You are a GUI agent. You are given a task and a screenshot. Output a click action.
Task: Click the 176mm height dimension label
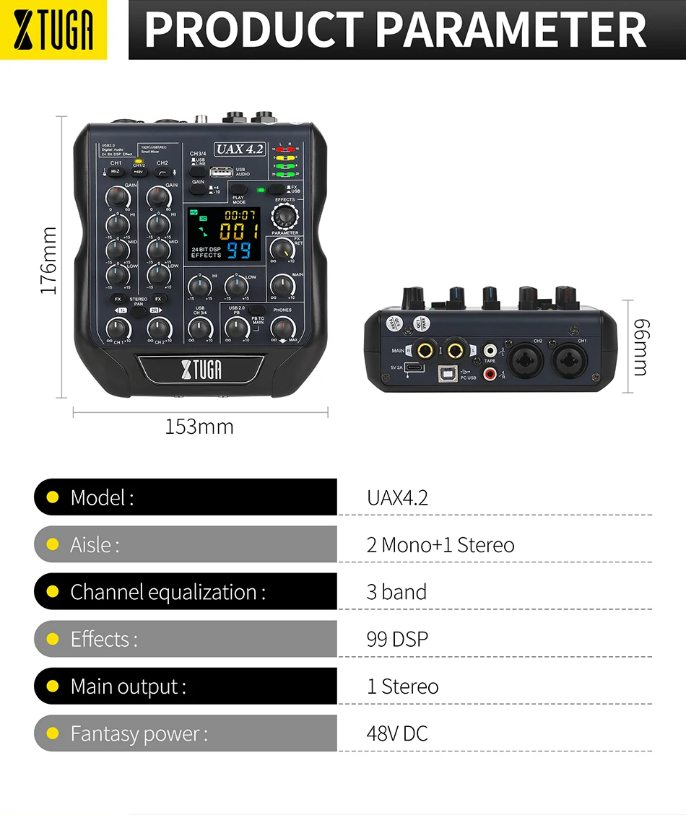click(x=48, y=261)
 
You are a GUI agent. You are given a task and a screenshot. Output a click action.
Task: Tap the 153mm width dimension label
click(x=199, y=427)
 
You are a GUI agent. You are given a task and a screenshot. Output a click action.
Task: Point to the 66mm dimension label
click(x=640, y=347)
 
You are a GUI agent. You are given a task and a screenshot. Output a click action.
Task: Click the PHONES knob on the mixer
click(x=283, y=328)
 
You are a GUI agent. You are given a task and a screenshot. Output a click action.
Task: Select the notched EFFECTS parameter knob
click(x=285, y=216)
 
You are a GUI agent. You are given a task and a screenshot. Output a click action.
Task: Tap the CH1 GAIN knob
click(x=117, y=196)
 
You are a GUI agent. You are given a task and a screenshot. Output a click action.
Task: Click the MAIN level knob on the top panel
click(x=282, y=287)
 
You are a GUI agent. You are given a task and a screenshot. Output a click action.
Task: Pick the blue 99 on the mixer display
click(x=239, y=250)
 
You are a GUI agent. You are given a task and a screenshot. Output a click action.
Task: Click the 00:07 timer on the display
click(x=240, y=215)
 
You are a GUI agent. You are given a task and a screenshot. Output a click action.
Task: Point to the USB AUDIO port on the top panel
click(x=222, y=173)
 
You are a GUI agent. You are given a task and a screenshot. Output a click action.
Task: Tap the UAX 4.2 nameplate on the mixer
click(x=240, y=149)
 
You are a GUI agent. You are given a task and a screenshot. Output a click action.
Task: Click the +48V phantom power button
click(x=139, y=172)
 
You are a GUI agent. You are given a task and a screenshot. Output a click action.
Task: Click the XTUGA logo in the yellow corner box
click(x=53, y=30)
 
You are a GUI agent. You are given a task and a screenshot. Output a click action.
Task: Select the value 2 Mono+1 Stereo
click(x=440, y=544)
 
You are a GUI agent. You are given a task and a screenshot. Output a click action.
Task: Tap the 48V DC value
click(x=397, y=733)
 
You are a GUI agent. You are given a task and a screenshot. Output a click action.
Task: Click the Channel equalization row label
click(x=168, y=592)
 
